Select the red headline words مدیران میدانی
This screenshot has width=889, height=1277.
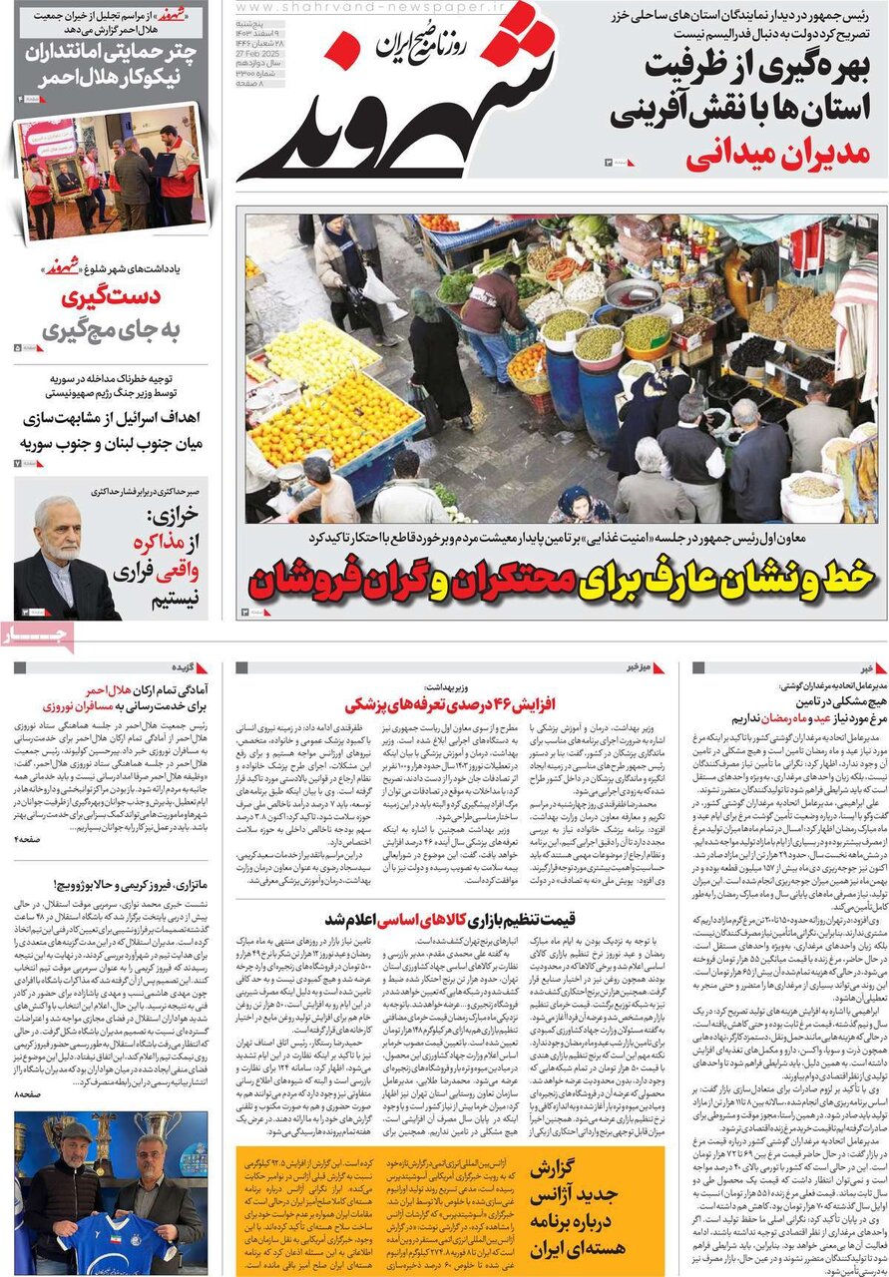coord(779,155)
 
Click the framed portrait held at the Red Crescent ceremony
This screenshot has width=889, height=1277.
coord(68,180)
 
